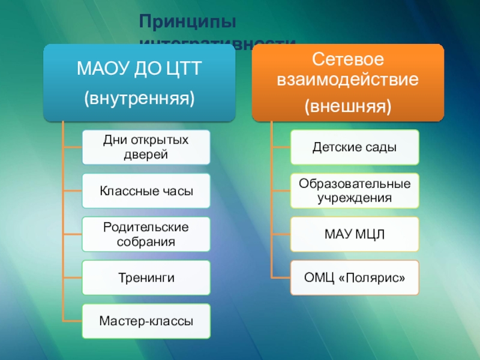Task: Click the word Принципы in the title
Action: [188, 22]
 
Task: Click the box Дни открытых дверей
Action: [146, 147]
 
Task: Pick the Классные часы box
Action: [146, 191]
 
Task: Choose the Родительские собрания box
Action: [146, 235]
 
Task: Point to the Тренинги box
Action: [146, 278]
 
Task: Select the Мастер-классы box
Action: [146, 321]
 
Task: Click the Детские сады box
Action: [355, 147]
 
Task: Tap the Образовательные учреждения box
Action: [355, 191]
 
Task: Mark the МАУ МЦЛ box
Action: [355, 235]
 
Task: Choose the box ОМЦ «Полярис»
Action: [355, 278]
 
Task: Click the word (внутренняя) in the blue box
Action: [139, 97]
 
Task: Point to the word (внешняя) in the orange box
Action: [347, 107]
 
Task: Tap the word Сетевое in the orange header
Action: [347, 59]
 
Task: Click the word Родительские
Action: [146, 228]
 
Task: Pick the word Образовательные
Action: [355, 184]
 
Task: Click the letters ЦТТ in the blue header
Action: [180, 70]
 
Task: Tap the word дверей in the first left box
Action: [146, 155]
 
